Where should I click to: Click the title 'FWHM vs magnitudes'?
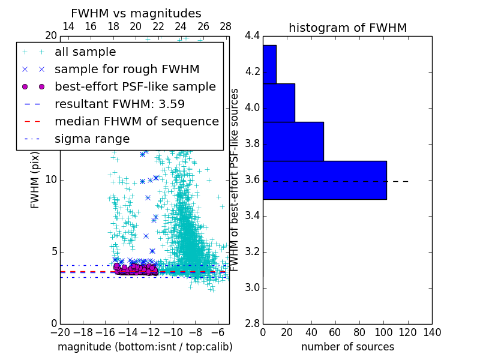[x=136, y=13]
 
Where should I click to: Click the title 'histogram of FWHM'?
[x=347, y=28]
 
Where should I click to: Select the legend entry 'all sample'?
[x=85, y=52]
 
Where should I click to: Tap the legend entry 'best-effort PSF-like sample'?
[x=135, y=87]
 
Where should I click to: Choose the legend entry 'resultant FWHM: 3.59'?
[x=119, y=104]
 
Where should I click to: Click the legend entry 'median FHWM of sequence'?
[x=136, y=122]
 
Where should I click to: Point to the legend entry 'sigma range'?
[x=92, y=139]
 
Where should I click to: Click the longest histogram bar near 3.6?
[x=325, y=180]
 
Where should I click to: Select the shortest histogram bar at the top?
[x=269, y=64]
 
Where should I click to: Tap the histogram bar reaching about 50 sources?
[x=293, y=142]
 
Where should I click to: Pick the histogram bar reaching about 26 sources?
[x=279, y=103]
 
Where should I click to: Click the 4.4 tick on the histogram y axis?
[x=252, y=36]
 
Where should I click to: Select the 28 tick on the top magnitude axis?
[x=226, y=26]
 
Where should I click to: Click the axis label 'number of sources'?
[x=347, y=347]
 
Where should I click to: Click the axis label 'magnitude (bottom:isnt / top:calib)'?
[x=145, y=347]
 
